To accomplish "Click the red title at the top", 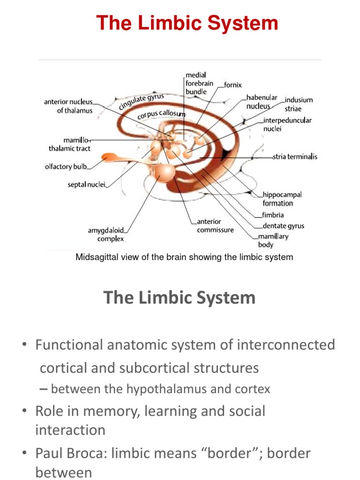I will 187,22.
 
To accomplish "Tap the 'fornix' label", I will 233,85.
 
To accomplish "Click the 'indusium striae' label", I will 299,104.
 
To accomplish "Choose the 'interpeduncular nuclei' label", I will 287,124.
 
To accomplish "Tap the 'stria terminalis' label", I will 295,157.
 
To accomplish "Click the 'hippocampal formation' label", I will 282,199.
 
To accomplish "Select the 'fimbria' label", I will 273,215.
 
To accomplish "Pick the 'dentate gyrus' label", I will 283,225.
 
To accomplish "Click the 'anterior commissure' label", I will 215,225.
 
